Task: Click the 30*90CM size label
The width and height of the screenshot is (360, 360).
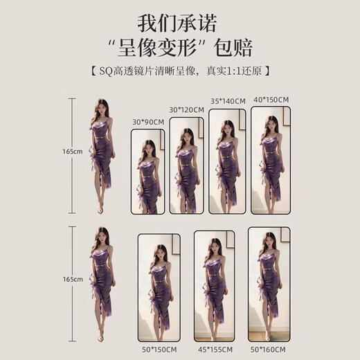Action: (x=147, y=122)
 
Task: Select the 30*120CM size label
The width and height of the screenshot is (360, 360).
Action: (x=187, y=109)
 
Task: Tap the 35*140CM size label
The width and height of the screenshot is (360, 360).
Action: (x=228, y=101)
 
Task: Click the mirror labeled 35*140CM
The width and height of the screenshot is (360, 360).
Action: (x=227, y=159)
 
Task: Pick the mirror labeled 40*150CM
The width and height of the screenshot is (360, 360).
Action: (x=270, y=156)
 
